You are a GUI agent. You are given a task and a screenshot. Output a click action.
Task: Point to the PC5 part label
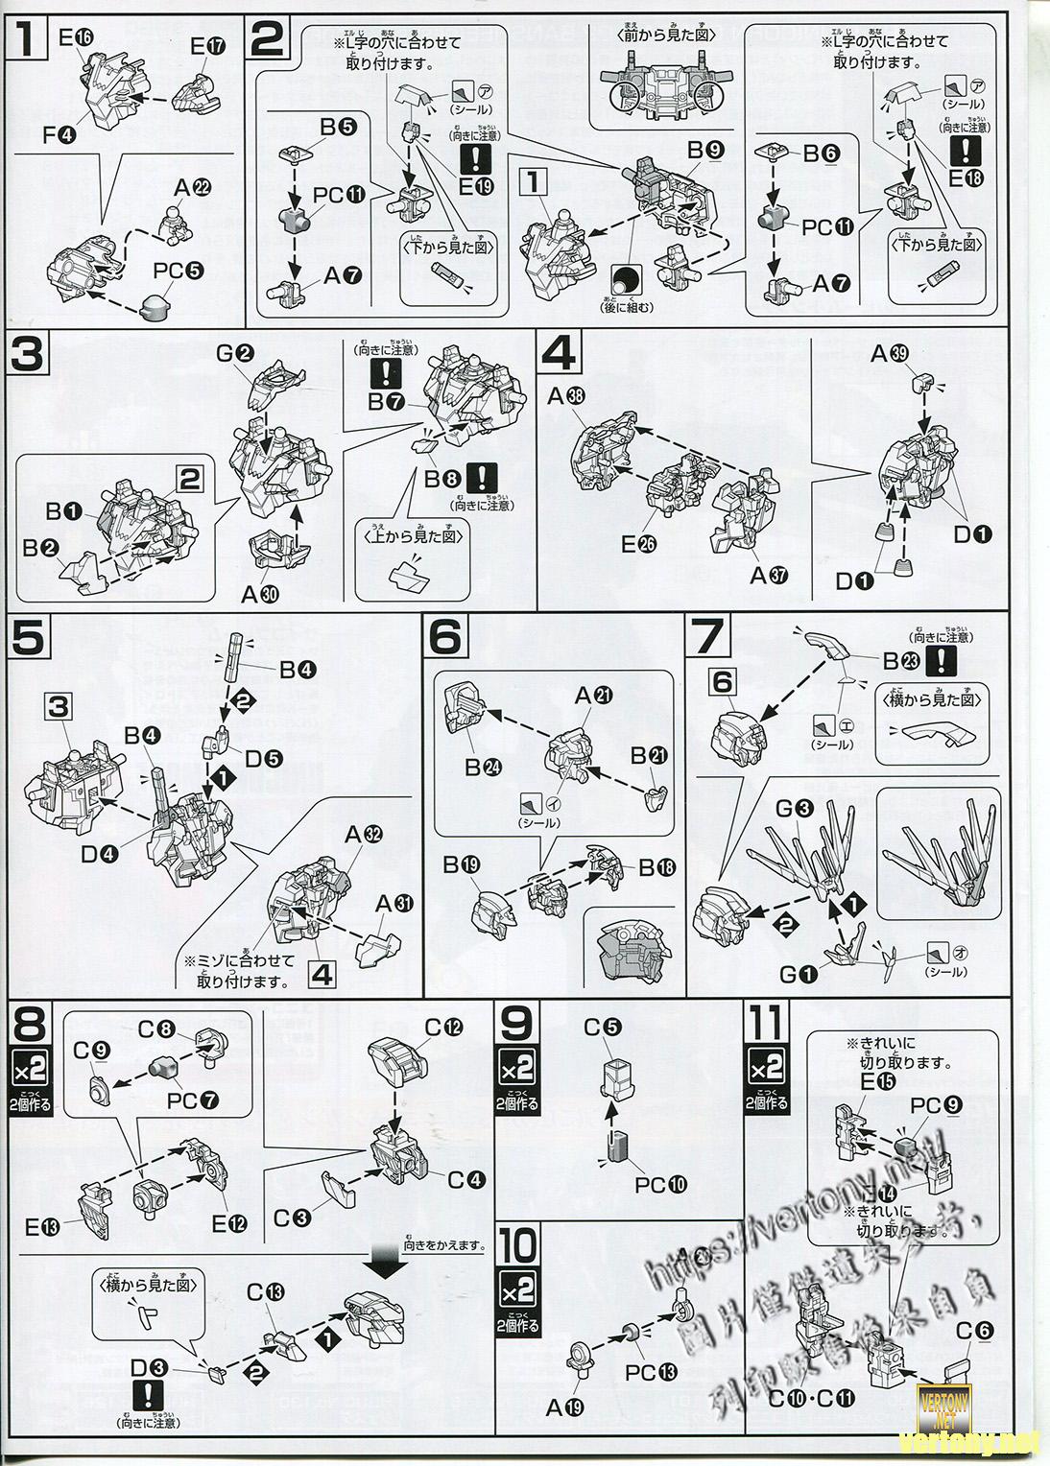pos(178,272)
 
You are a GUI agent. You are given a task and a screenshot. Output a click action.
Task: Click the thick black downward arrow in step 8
pos(390,1265)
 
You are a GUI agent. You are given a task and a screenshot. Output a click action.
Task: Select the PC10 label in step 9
pos(660,1184)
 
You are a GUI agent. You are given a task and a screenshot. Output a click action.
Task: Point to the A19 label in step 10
pos(565,1408)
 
